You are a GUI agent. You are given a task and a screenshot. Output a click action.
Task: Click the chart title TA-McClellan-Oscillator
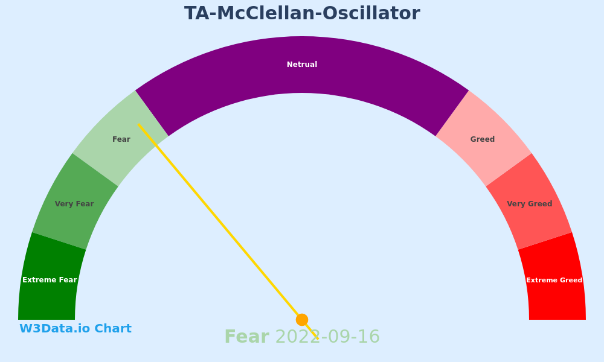point(302,13)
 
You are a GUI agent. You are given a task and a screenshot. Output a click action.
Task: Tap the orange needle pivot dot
point(302,320)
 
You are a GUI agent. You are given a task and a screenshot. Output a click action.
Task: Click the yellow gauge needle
point(228,232)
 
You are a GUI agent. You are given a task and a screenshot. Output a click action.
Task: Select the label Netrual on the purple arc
point(302,65)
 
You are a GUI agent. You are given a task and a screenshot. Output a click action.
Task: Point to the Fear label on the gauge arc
point(121,139)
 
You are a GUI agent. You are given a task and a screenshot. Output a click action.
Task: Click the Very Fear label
point(74,204)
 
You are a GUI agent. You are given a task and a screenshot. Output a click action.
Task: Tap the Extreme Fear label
point(50,280)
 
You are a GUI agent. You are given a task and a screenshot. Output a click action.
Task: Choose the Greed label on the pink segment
point(483,139)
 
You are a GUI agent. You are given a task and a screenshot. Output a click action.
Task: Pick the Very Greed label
point(530,204)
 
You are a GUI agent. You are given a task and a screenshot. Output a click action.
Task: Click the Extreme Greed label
point(554,280)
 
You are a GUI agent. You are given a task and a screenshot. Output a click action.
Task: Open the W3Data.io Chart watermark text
point(75,329)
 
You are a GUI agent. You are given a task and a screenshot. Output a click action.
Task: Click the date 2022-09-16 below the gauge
point(328,337)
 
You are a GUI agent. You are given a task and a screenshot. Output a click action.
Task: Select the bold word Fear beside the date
point(247,337)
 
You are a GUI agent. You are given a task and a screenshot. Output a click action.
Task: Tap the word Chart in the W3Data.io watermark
point(113,329)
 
